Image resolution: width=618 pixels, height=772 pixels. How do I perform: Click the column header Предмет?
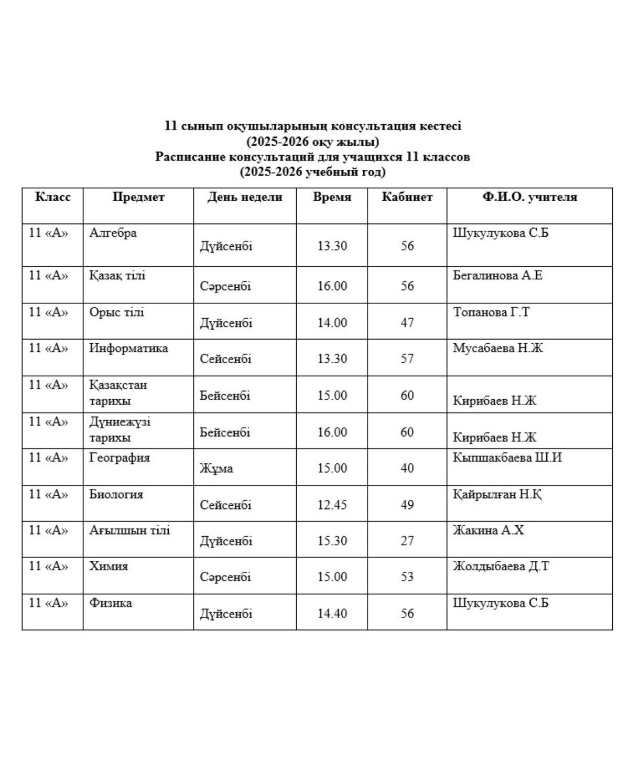pos(138,197)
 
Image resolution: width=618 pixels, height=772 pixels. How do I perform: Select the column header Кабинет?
pos(407,197)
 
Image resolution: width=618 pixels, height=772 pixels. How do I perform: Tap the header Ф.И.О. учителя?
pos(529,197)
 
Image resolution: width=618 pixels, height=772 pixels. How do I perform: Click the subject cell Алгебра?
pos(113,233)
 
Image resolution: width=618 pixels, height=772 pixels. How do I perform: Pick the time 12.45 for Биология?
pos(332,505)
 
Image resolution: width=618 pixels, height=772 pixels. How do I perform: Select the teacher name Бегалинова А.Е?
pos(497,275)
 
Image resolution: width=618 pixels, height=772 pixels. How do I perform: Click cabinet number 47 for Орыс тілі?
pos(407,322)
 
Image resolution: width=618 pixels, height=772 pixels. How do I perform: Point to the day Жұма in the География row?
pos(216,468)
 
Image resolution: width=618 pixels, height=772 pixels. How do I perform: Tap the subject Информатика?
pos(128,348)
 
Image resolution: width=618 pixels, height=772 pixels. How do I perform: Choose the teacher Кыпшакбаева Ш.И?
pos(507,458)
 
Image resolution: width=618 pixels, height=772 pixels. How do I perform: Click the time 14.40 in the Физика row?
pos(332,613)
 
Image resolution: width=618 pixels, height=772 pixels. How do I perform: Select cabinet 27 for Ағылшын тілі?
pos(407,540)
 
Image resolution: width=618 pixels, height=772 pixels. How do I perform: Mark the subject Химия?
pos(109,566)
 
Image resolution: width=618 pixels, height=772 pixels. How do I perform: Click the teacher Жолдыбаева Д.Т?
pos(501,566)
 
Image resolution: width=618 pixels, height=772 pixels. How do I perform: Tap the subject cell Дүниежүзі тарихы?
pos(120,429)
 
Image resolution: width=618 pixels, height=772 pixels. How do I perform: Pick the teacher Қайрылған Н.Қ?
pos(497,494)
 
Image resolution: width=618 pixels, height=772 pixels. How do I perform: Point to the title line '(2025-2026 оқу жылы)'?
pos(312,142)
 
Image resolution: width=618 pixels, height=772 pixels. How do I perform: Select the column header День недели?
pos(244,197)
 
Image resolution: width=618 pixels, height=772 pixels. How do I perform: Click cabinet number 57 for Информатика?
pos(407,358)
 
